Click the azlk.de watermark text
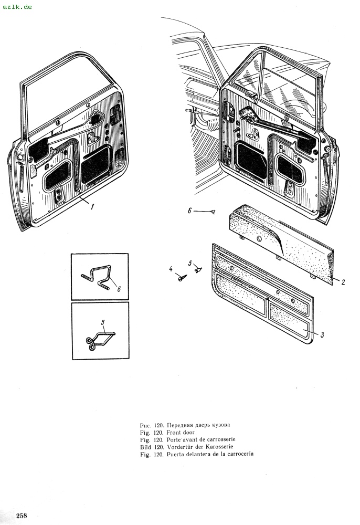click(x=17, y=7)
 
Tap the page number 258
click(x=22, y=516)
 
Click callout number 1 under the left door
click(x=92, y=206)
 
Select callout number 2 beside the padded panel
click(x=343, y=282)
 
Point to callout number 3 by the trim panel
click(x=322, y=334)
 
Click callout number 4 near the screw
click(x=171, y=269)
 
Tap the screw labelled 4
click(x=182, y=277)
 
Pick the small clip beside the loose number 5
click(x=198, y=269)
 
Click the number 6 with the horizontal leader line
click(x=189, y=211)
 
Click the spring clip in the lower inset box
click(x=100, y=340)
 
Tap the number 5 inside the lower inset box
click(x=103, y=322)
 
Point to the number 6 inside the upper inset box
click(x=119, y=289)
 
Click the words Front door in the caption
click(x=181, y=432)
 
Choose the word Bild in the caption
click(x=145, y=447)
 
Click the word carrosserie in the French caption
click(x=221, y=439)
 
